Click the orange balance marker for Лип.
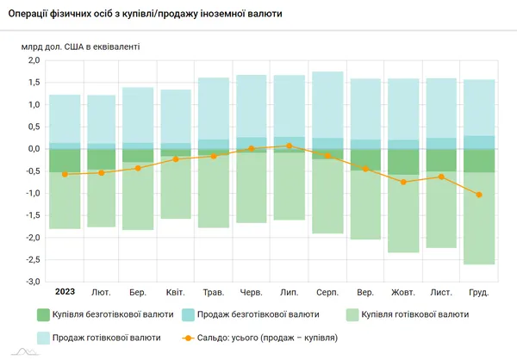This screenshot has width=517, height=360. pos(290,146)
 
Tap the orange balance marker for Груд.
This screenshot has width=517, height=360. pos(479,195)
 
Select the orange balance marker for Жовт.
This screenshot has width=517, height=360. pos(403,182)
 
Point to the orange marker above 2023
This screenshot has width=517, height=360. pos(65,174)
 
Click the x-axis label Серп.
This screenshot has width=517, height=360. pos(327,293)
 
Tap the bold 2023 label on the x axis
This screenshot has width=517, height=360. pos(65,292)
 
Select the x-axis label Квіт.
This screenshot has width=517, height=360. pos(176,293)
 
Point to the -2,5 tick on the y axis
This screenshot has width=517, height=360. pos(33,260)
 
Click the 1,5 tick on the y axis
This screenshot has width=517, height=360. pos(34,83)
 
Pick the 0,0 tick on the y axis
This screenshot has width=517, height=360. pos(34,149)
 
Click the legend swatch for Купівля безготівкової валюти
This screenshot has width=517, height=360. pos(43,315)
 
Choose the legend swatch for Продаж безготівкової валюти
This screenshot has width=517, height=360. pos(188,315)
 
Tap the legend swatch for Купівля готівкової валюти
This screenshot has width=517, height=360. pos(352,315)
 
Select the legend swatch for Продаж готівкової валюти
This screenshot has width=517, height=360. pos(43,338)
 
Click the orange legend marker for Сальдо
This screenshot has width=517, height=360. pos(188,338)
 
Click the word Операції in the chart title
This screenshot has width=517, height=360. pos(28,14)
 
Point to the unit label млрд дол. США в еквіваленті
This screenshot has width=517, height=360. pos(80,47)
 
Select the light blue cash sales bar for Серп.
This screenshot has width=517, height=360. pos(327,105)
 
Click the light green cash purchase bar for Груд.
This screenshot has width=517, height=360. pos(479,218)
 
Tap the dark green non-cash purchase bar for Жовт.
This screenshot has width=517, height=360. pos(403,162)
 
